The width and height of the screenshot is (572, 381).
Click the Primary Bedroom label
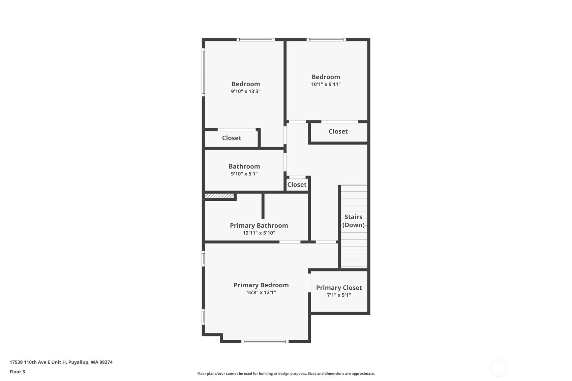click(261, 285)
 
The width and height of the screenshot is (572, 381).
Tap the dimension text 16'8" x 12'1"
click(261, 292)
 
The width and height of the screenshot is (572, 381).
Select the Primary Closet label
click(339, 288)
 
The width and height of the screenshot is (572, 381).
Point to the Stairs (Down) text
click(353, 221)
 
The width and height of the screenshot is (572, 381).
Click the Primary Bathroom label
click(259, 225)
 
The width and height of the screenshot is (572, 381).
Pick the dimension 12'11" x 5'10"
click(259, 233)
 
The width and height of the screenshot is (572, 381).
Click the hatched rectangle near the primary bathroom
click(219, 196)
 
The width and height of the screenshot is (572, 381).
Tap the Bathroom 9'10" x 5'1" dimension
click(244, 174)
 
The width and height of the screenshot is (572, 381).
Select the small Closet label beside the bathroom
click(297, 185)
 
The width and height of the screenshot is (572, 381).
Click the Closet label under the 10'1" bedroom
click(338, 131)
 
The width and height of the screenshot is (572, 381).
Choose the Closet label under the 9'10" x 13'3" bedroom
click(232, 138)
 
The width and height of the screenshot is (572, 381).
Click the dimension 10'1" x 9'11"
click(326, 84)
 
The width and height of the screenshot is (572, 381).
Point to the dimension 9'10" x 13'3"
click(245, 91)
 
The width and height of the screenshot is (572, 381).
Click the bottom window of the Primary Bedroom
click(265, 342)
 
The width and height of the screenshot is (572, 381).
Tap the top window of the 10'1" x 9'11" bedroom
click(326, 40)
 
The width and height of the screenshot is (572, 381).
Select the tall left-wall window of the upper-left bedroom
click(203, 72)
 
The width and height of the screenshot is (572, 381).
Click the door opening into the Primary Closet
click(309, 283)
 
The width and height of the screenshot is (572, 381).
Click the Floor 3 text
click(17, 372)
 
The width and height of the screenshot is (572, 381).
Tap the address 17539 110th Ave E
click(61, 362)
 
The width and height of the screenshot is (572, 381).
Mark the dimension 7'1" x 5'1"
click(339, 295)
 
